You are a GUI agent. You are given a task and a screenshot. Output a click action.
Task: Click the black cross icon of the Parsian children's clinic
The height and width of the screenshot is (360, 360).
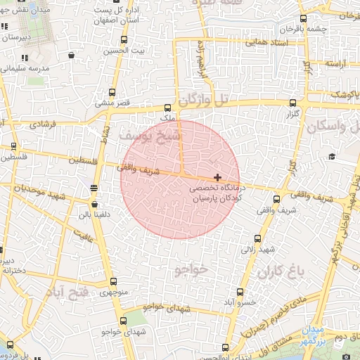[x=218, y=176]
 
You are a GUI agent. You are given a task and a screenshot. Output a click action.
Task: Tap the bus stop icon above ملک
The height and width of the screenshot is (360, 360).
[x=167, y=108]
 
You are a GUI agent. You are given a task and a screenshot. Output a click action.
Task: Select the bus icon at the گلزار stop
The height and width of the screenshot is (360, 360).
[x=292, y=101]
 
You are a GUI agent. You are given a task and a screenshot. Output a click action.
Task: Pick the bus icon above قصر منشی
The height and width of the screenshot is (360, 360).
[x=112, y=92]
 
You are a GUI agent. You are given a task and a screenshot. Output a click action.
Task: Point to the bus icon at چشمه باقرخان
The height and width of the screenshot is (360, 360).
[x=303, y=19]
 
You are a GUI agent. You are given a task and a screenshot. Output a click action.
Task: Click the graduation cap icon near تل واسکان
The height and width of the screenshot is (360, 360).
[x=331, y=156]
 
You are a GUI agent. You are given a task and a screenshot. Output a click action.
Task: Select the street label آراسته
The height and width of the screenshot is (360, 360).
[x=337, y=64]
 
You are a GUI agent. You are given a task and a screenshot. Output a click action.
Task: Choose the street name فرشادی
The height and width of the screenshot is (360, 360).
[x=44, y=124]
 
